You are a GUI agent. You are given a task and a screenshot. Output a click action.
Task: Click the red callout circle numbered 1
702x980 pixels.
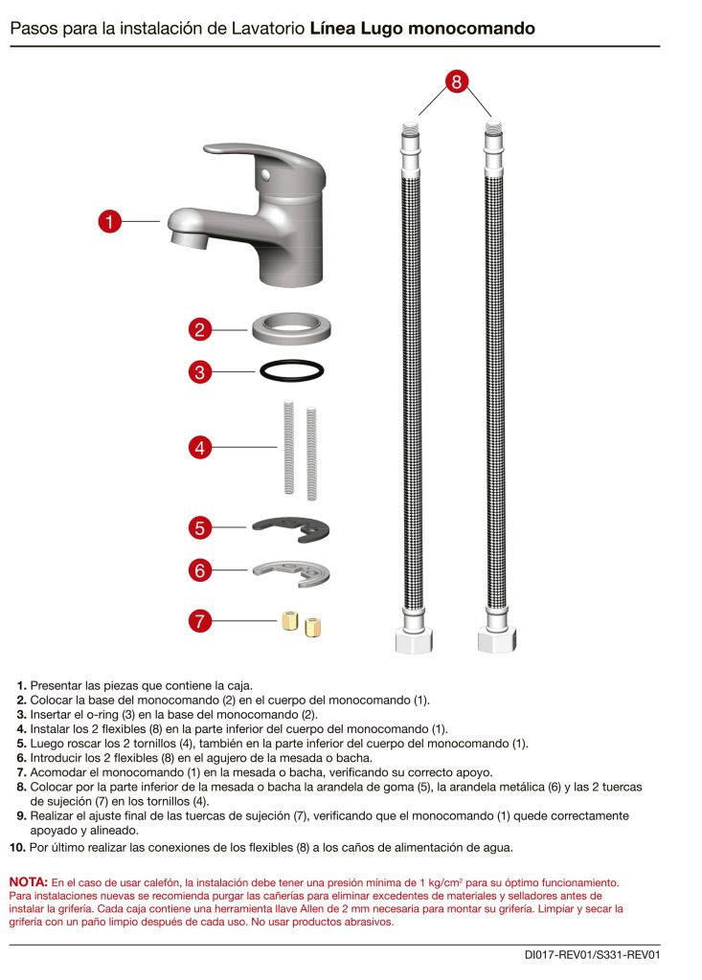pyautogui.click(x=110, y=222)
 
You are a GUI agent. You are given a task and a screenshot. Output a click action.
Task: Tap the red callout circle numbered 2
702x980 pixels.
pyautogui.click(x=199, y=330)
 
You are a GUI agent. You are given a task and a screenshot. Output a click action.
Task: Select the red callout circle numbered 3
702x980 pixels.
pyautogui.click(x=199, y=372)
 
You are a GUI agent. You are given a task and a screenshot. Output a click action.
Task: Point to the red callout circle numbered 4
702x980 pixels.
pyautogui.click(x=199, y=447)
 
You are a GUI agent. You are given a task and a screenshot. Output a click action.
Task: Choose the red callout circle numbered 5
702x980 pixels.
pyautogui.click(x=199, y=527)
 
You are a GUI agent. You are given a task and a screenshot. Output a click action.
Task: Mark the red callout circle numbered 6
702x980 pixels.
pyautogui.click(x=199, y=570)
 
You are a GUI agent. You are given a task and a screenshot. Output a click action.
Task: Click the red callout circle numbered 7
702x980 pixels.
pyautogui.click(x=199, y=621)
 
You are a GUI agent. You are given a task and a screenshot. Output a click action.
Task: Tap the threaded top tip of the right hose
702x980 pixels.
pyautogui.click(x=491, y=126)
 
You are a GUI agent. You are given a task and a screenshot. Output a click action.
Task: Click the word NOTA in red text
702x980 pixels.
pyautogui.click(x=29, y=881)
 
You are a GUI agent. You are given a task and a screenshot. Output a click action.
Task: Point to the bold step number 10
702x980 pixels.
pyautogui.click(x=17, y=847)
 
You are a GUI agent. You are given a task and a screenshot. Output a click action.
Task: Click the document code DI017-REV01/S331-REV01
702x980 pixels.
pyautogui.click(x=593, y=954)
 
